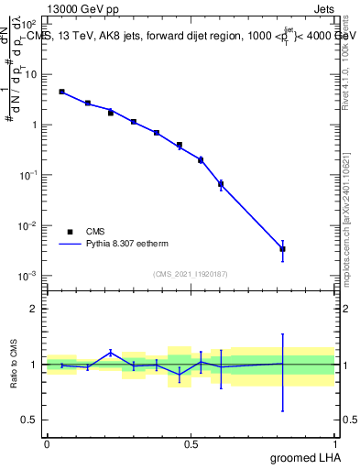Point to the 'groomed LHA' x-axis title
[x=302, y=457]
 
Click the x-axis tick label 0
[x=47, y=443]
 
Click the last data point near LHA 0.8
[x=283, y=248]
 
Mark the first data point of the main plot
[x=61, y=92]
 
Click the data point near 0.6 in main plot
[x=221, y=184]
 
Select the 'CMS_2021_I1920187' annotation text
[x=191, y=274]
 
